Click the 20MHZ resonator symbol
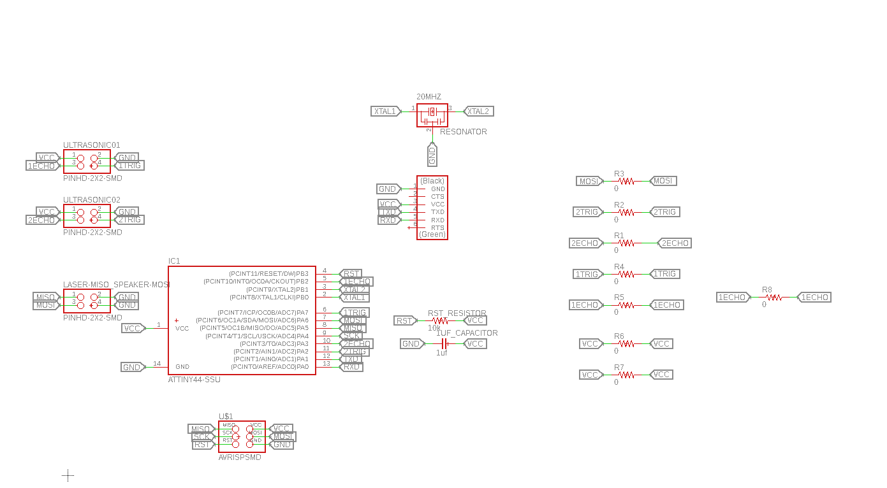point(432,115)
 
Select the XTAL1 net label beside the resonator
point(385,111)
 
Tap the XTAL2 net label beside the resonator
point(478,111)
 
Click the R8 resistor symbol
point(773,298)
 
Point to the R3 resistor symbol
point(626,182)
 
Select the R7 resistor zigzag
point(626,375)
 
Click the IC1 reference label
point(174,261)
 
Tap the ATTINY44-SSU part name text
point(194,380)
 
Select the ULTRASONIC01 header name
point(92,145)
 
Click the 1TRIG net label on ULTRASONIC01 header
point(129,166)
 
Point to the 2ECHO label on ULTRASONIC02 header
point(41,220)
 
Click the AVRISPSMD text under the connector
point(240,457)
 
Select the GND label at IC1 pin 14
point(131,367)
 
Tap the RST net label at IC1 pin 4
point(351,274)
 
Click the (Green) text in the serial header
point(432,234)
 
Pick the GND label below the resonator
point(432,155)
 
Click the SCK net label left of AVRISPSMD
point(202,436)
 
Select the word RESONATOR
point(463,132)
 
